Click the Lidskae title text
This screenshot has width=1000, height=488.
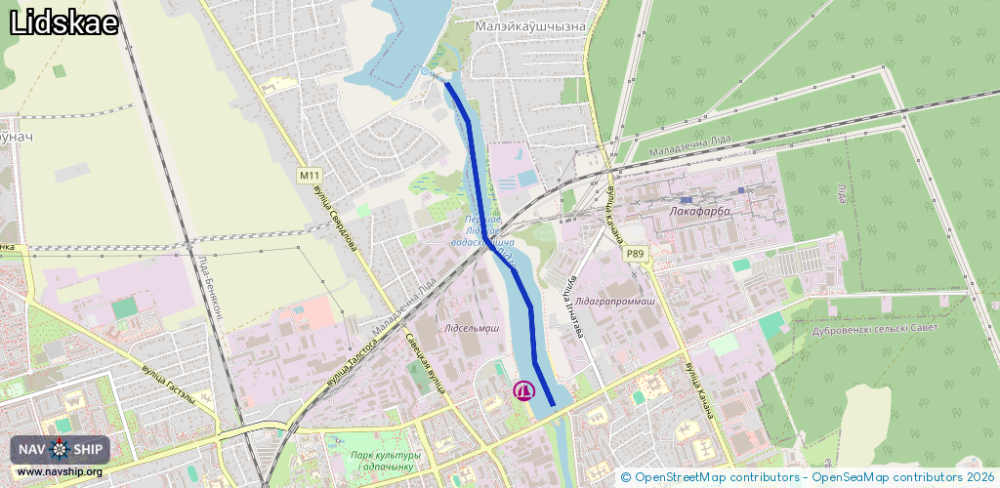click(x=63, y=23)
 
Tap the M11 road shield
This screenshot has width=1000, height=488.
click(x=310, y=176)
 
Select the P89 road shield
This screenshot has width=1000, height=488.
click(x=636, y=254)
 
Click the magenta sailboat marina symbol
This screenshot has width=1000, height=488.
click(x=524, y=390)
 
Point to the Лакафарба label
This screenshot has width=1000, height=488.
click(x=700, y=210)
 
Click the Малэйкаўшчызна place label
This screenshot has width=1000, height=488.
click(x=528, y=26)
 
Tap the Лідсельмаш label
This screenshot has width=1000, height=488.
click(x=471, y=329)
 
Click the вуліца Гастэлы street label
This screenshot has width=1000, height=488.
click(x=168, y=386)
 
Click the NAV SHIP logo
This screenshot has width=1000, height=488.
click(x=61, y=449)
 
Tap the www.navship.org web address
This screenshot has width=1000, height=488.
click(x=60, y=472)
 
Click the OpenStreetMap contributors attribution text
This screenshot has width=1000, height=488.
click(x=710, y=477)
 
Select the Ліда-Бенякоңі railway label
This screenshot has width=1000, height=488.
click(x=213, y=288)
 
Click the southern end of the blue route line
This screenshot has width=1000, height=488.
click(x=553, y=404)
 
